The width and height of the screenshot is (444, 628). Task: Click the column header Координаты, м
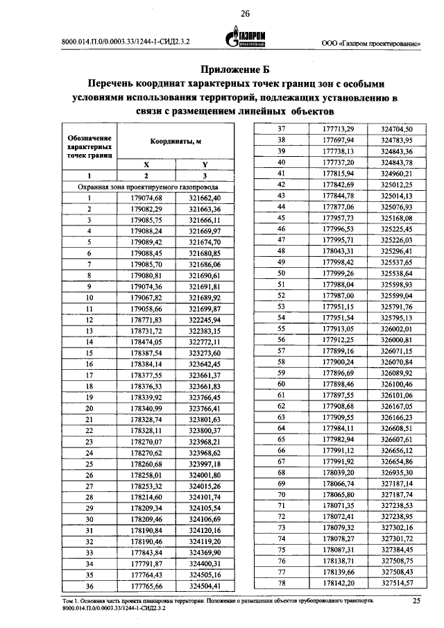176,141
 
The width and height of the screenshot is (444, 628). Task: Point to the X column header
146,165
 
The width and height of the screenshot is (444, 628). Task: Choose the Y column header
205,165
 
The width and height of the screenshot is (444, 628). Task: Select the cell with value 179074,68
146,198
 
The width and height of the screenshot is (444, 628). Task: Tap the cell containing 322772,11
205,342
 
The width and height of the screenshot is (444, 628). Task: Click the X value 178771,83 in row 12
146,320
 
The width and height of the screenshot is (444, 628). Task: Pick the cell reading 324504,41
205,586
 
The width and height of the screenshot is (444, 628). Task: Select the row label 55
282,328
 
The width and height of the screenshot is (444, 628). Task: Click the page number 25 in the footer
416,601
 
